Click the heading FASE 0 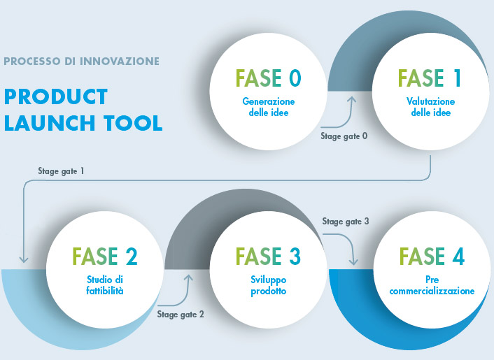point(269,78)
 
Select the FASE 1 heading point(430,78)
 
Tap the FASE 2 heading point(105,256)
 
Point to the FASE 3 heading point(268,256)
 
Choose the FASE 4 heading point(432,256)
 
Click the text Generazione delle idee point(269,107)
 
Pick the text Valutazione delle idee point(430,107)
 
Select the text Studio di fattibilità point(105,285)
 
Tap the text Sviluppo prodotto point(269,285)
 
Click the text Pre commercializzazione point(432,285)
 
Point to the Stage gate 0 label point(344,136)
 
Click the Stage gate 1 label point(61,171)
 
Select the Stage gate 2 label point(181,315)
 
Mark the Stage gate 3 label point(346,222)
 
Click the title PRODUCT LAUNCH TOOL point(83,110)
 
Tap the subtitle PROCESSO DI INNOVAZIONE point(82,61)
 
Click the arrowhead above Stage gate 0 point(351,99)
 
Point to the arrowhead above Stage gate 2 point(188,278)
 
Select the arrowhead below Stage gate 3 point(353,261)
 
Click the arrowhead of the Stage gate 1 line point(24,259)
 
